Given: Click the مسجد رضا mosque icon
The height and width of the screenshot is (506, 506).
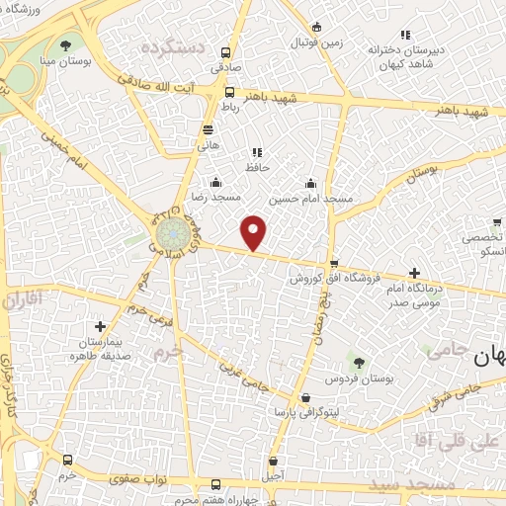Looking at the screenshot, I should pos(215,182).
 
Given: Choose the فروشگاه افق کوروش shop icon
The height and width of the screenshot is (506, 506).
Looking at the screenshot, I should pos(334,264).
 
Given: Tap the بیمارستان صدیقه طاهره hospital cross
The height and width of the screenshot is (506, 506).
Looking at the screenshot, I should pos(99,326).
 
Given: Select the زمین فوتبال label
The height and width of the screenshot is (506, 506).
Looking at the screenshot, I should pos(314,43).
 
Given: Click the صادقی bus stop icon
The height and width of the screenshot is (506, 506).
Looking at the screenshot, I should pos(227,53).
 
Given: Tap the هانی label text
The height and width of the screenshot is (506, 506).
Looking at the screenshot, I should pos(208,144).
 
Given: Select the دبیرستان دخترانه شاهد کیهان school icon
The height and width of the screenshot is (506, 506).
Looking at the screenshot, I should pos(403,35).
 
